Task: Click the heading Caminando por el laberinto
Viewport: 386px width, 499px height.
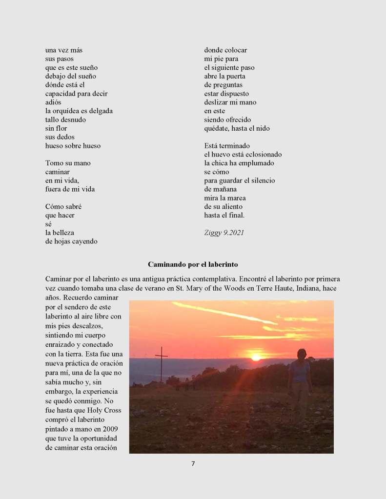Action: pos(193,264)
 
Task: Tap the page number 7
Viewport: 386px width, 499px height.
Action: pos(193,463)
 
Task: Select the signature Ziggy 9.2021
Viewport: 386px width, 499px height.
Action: pos(224,233)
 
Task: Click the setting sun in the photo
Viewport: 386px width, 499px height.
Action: pos(256,358)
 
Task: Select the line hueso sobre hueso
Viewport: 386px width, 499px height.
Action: pos(73,146)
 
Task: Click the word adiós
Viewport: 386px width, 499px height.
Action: pos(53,102)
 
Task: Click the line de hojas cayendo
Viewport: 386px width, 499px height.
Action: pos(71,241)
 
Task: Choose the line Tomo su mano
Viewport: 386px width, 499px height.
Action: pos(68,163)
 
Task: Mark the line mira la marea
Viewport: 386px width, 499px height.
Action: pos(224,198)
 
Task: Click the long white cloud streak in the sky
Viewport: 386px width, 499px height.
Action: pos(224,313)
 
